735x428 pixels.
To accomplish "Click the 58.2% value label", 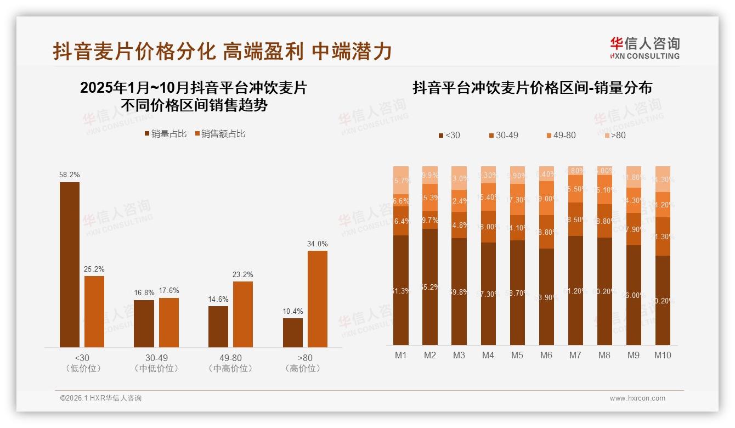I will [x=69, y=174].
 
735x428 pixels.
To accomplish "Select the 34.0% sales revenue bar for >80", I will [x=317, y=299].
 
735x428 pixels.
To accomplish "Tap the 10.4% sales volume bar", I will [x=292, y=333].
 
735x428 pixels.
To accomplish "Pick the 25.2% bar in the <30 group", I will [x=94, y=311].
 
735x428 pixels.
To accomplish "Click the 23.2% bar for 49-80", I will [x=243, y=314].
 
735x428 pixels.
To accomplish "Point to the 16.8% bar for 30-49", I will [x=144, y=323].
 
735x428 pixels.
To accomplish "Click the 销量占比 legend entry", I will [x=165, y=134].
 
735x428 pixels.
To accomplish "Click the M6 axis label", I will [x=546, y=355].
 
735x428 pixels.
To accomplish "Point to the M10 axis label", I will [x=663, y=355].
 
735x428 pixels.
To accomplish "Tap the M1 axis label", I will [x=401, y=355].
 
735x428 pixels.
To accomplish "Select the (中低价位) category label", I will [x=156, y=369].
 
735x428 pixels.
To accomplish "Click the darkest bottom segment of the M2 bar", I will [x=430, y=286].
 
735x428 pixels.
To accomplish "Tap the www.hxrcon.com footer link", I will [x=637, y=398].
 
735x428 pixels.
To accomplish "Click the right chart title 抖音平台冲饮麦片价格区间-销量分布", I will [x=532, y=88].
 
